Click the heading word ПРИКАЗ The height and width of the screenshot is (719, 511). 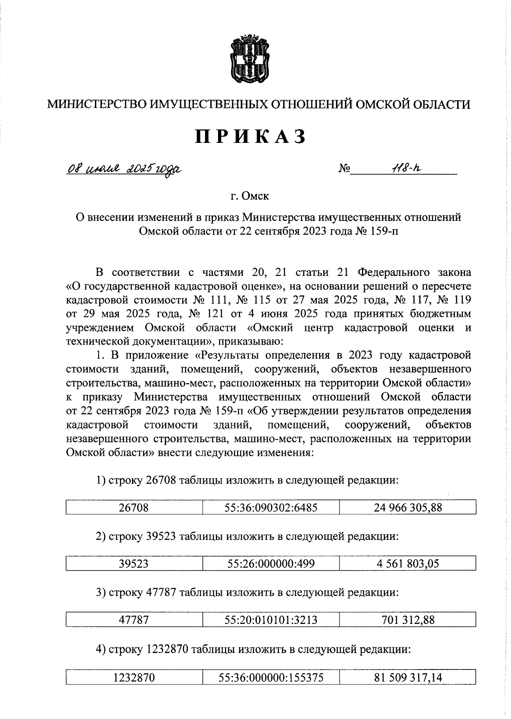[x=251, y=136]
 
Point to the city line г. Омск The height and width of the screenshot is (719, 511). [x=250, y=196]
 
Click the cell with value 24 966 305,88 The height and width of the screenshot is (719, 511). [x=408, y=507]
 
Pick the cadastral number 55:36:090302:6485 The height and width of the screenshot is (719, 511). [x=271, y=507]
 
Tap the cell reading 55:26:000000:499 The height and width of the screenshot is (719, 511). [x=271, y=564]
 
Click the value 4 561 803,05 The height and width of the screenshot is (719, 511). [x=408, y=564]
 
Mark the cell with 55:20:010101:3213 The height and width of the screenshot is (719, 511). [x=271, y=620]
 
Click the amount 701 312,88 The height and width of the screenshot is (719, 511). [x=408, y=620]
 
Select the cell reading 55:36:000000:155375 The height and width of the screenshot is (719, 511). [x=271, y=677]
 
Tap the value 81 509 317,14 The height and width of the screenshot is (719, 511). [x=408, y=677]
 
